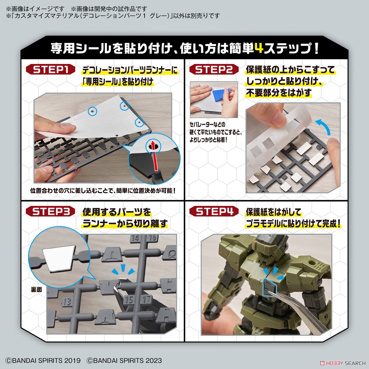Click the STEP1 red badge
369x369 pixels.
[x=51, y=69]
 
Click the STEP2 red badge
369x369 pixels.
[x=214, y=69]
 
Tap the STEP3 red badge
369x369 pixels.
[x=51, y=212]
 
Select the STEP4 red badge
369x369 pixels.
[x=214, y=212]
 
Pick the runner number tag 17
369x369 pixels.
[x=147, y=299]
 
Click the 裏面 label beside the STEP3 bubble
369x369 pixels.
[x=36, y=289]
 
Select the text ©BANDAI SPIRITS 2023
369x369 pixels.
[x=124, y=361]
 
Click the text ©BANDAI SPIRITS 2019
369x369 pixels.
[x=43, y=361]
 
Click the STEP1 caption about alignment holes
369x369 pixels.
[x=103, y=191]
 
